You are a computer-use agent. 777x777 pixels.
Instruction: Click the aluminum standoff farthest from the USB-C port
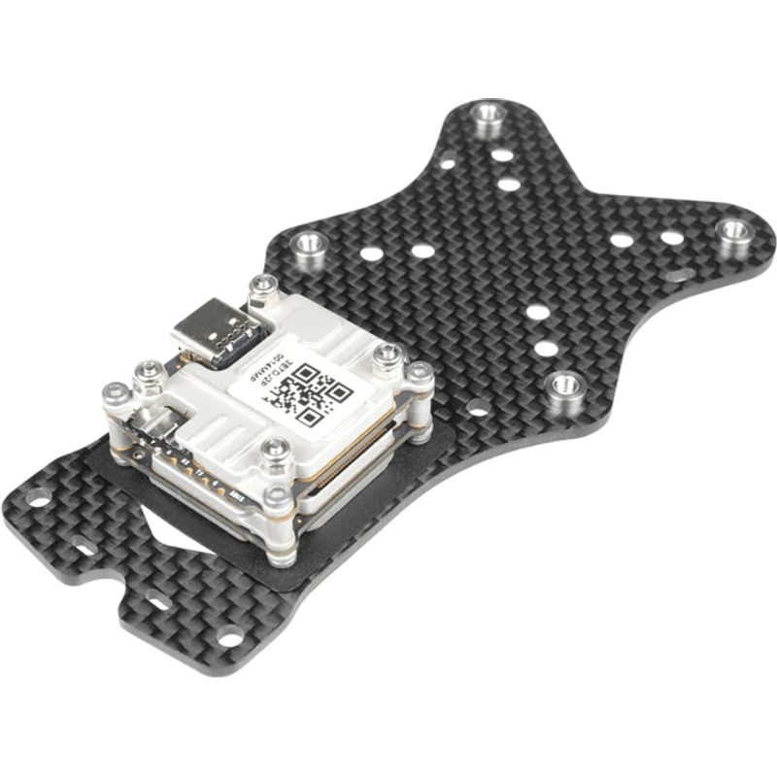pos(734,231)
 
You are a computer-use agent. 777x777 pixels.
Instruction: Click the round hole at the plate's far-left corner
pos(37,498)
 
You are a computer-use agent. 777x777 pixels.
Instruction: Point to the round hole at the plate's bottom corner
pos(230,637)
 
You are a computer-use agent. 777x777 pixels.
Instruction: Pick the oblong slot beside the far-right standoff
pos(680,275)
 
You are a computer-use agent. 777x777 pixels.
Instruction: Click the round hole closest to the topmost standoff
pos(501,153)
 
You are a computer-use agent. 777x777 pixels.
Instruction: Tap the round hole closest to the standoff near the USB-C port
pos(371,254)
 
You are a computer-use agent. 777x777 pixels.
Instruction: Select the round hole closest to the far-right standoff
pos(672,237)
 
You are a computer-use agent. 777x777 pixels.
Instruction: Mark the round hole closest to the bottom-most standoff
pos(546,348)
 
